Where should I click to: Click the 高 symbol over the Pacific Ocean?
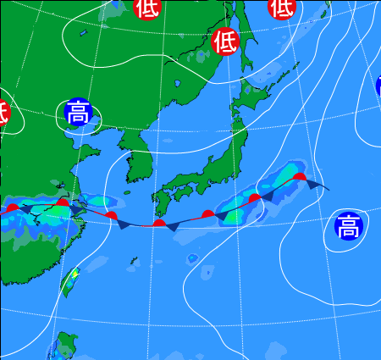click(347, 226)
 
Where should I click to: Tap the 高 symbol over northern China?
click(78, 113)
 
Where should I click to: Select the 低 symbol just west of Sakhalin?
click(225, 40)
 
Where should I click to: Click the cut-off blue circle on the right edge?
click(378, 86)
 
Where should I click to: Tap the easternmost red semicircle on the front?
click(300, 177)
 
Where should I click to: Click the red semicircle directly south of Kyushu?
click(159, 224)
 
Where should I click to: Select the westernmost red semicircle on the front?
click(12, 206)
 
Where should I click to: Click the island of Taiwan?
click(71, 280)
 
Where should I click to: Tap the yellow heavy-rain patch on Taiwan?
click(75, 274)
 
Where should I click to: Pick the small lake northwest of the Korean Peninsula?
click(84, 34)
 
